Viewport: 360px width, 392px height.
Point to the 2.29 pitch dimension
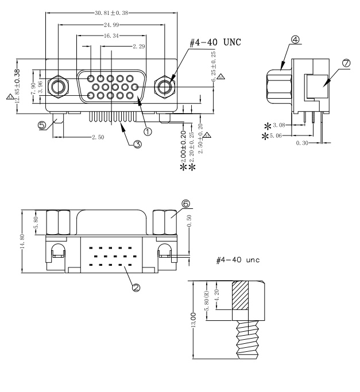(x=138, y=46)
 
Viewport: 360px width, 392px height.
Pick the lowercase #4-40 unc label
(x=236, y=260)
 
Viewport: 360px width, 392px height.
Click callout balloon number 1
(x=148, y=131)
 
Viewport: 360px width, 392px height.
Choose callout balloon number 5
(x=42, y=125)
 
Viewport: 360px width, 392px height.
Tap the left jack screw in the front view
(x=58, y=87)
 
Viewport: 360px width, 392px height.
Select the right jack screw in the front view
(x=165, y=87)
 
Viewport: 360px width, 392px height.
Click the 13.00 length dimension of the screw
(x=193, y=319)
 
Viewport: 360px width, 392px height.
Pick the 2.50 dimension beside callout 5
(x=97, y=138)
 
